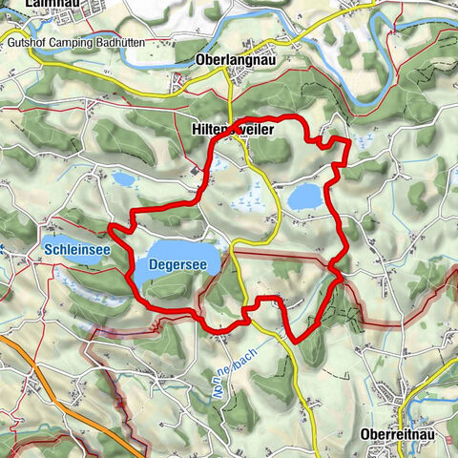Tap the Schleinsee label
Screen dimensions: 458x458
(x=77, y=250)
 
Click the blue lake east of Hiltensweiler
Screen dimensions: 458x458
(x=305, y=196)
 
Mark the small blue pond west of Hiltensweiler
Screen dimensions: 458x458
(x=124, y=178)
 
